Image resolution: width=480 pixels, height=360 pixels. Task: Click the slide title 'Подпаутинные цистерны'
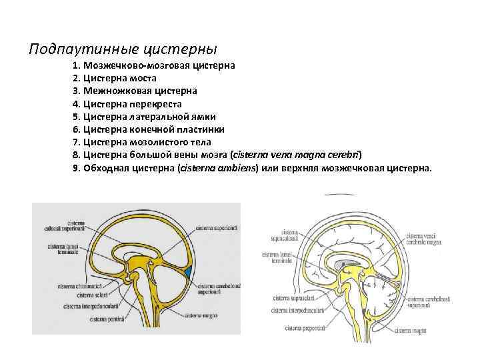pos(123,49)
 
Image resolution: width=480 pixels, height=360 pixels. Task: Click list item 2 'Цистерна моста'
pos(120,78)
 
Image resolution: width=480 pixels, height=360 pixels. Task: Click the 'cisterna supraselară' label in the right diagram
pos(289,300)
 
